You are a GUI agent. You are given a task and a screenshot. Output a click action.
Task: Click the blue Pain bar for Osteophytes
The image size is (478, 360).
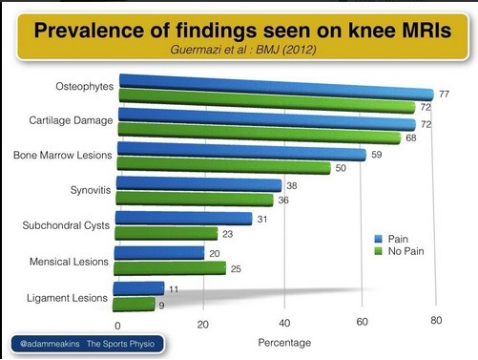277,88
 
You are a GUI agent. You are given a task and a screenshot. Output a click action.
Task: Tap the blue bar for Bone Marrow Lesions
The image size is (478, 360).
239,153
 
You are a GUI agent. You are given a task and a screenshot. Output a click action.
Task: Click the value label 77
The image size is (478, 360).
444,94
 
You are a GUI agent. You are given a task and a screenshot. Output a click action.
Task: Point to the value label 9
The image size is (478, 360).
162,306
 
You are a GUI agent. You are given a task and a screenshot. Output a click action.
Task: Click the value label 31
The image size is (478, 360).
260,218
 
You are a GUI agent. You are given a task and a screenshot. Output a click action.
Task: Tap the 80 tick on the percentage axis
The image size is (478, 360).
437,322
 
